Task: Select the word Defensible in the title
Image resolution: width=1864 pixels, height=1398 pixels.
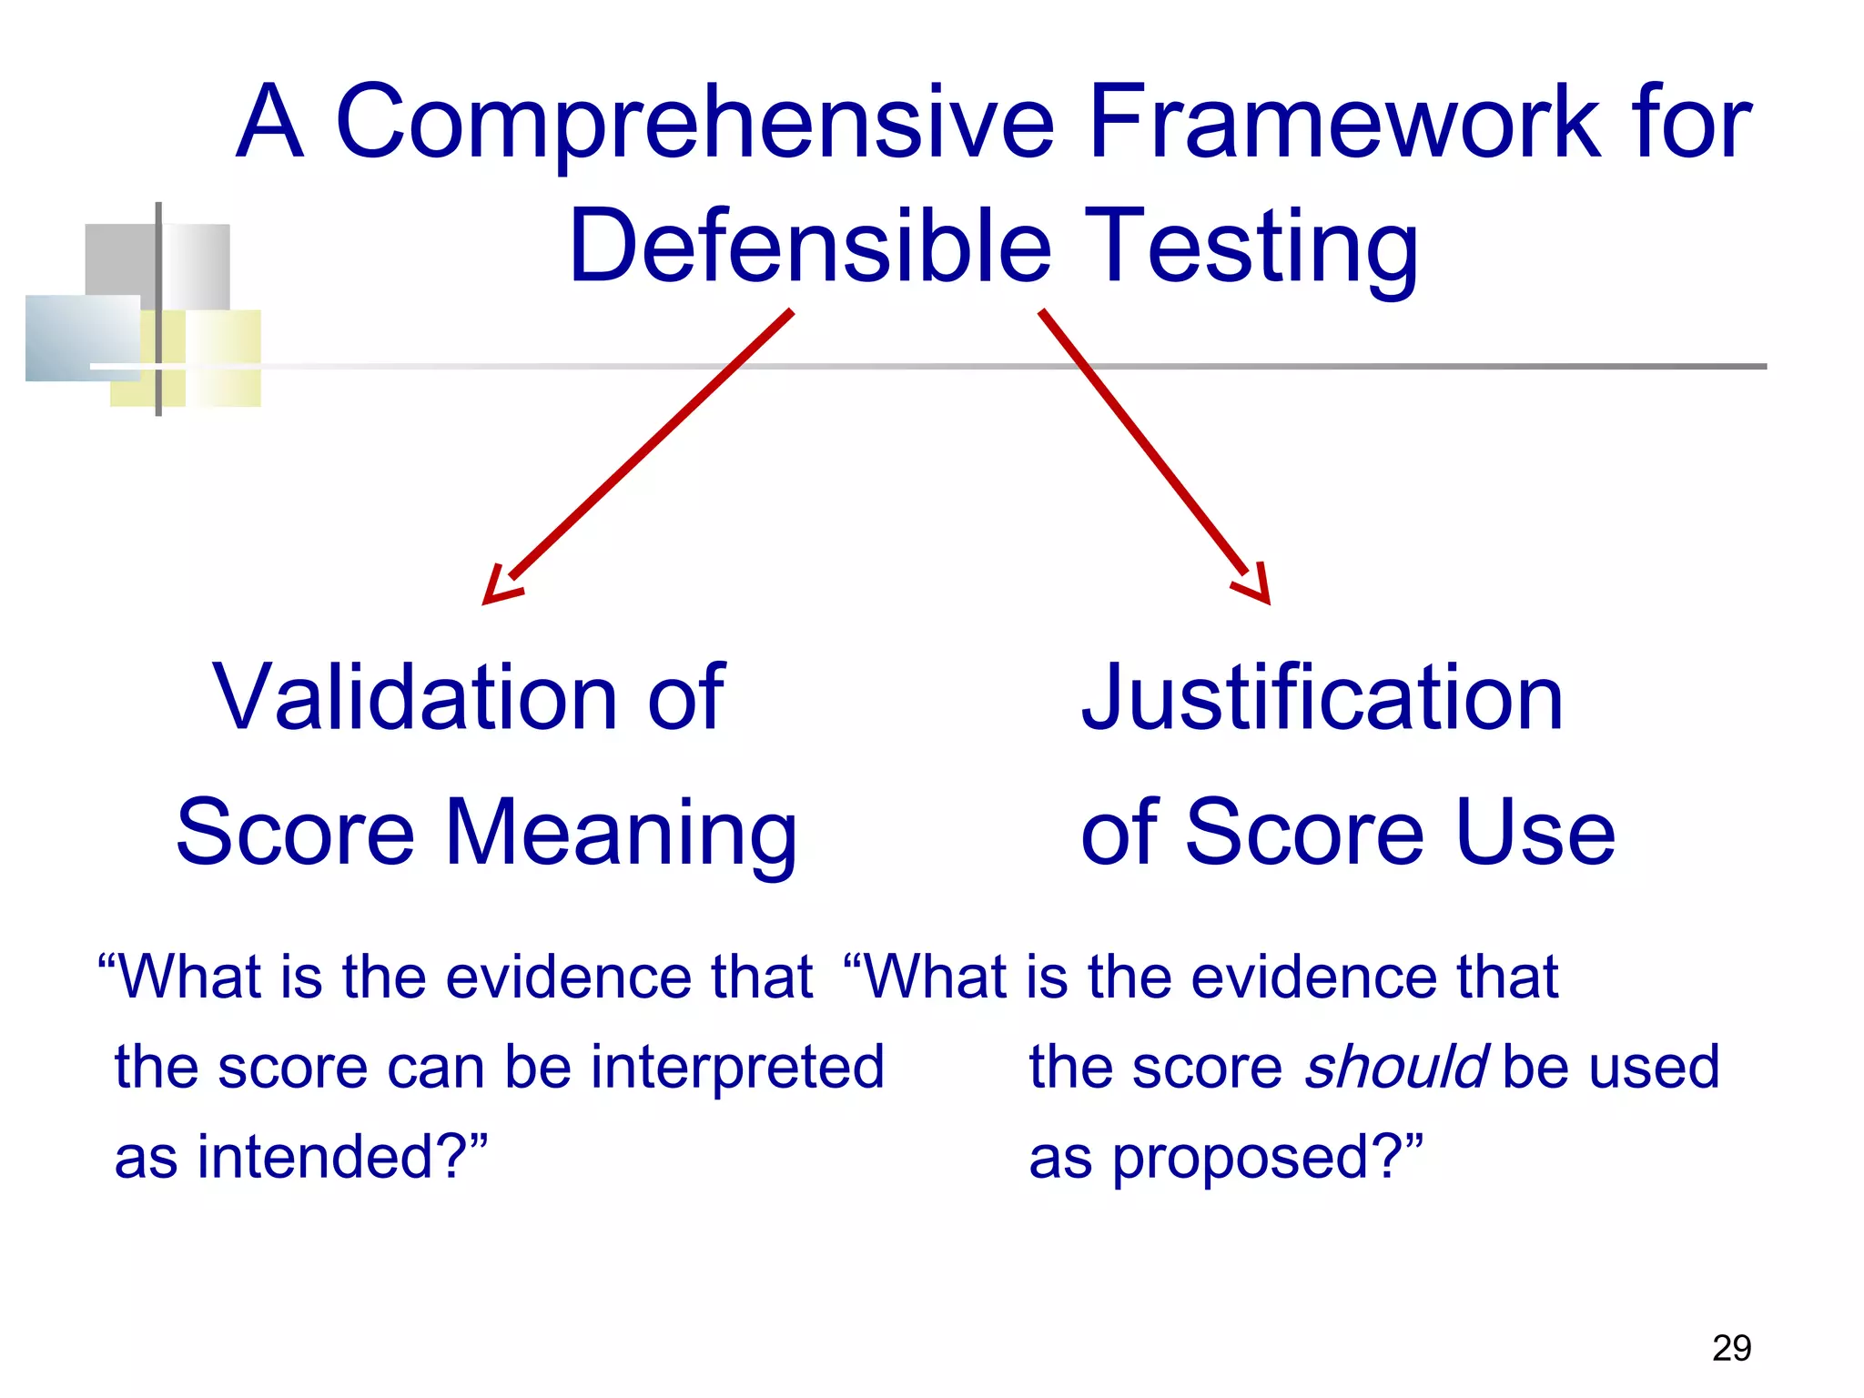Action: coord(810,246)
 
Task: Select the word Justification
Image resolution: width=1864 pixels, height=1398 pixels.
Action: coord(1322,697)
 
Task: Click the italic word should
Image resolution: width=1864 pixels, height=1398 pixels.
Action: coord(1396,1066)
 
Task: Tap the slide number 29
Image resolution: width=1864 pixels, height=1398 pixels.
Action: coord(1731,1348)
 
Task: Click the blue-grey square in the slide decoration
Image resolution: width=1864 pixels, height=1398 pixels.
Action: coord(82,337)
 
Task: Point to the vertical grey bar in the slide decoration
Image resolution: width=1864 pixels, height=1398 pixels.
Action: coord(158,309)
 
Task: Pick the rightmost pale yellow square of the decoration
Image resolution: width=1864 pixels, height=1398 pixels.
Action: coord(224,358)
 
